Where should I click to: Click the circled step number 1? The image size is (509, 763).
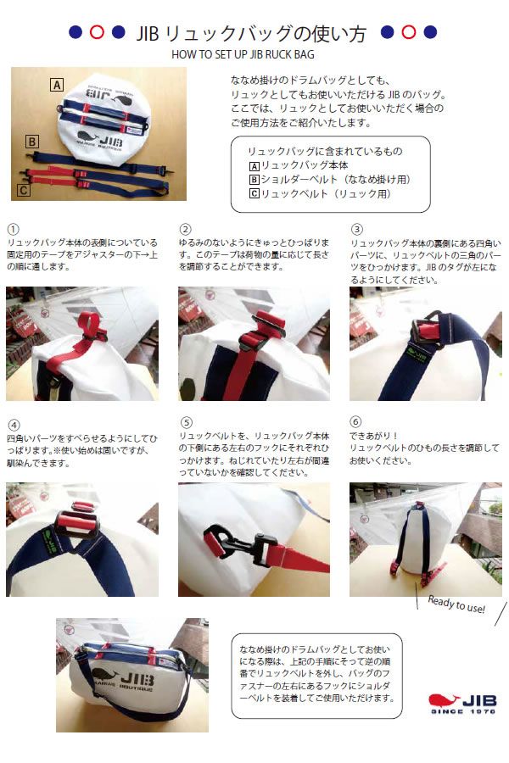tap(11, 229)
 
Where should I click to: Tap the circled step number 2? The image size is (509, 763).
tap(185, 229)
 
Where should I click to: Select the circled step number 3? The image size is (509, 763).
tap(357, 229)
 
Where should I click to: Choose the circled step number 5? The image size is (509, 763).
tap(185, 422)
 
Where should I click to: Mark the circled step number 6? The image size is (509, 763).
tap(357, 422)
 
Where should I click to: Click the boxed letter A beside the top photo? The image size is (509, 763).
tap(57, 84)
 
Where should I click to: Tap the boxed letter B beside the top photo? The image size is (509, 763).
tap(31, 142)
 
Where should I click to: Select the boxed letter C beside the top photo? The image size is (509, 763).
tap(23, 190)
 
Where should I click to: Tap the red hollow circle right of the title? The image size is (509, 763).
tap(408, 32)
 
